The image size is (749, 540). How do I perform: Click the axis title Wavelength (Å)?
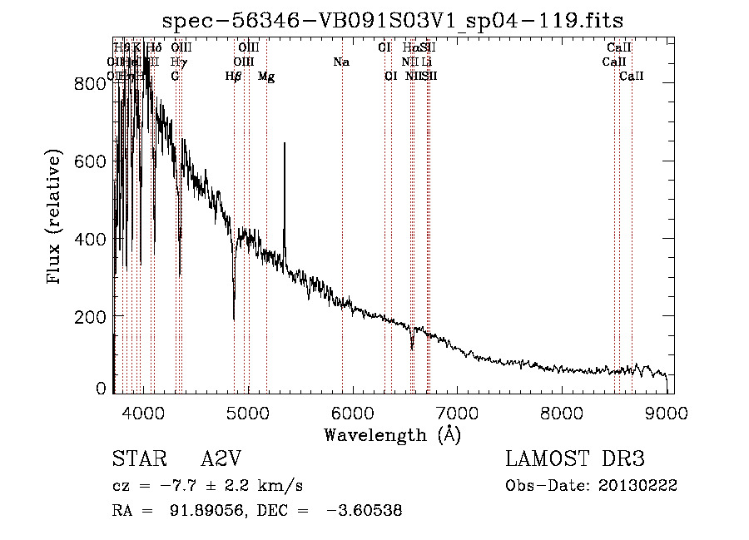[x=392, y=434]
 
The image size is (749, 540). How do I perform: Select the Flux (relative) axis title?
[x=56, y=219]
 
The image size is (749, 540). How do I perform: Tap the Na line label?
[x=340, y=62]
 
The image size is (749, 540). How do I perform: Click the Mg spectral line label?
[x=266, y=77]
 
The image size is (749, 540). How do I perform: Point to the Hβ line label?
[x=234, y=77]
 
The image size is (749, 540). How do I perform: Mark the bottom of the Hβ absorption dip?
[x=234, y=319]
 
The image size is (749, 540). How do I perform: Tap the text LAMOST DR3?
[x=574, y=459]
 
